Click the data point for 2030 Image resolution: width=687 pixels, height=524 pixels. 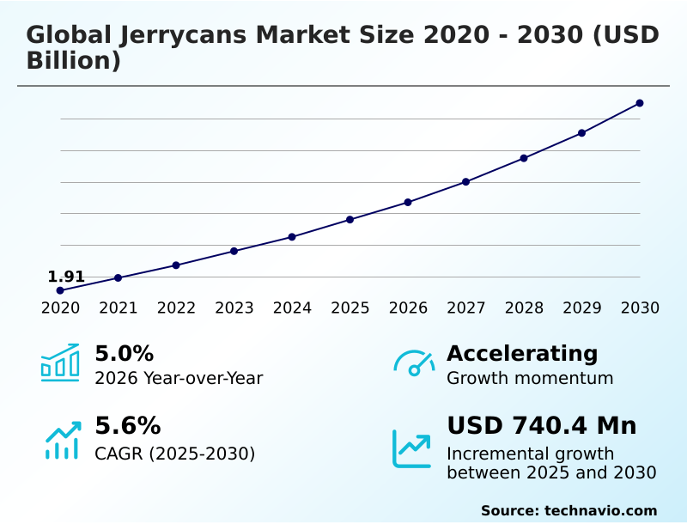(x=640, y=103)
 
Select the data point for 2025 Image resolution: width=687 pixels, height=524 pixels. (x=350, y=219)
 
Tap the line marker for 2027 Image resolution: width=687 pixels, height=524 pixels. (x=465, y=181)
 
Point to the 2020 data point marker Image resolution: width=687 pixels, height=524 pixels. (x=60, y=290)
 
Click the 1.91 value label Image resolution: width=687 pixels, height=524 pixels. (x=66, y=277)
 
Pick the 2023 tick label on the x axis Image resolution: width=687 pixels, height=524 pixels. (x=234, y=308)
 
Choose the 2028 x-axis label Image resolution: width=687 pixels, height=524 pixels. (x=524, y=308)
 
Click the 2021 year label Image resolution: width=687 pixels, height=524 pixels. (x=119, y=308)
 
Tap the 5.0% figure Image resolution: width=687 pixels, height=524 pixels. (x=124, y=353)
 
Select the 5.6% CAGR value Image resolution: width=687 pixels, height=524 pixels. (x=127, y=426)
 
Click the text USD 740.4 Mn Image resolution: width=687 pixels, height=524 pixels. (x=541, y=426)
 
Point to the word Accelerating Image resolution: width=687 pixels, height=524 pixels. (x=522, y=353)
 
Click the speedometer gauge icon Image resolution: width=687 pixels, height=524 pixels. (x=414, y=363)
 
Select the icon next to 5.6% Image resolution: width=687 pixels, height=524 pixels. (x=63, y=439)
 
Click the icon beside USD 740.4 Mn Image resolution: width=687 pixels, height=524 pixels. (x=412, y=448)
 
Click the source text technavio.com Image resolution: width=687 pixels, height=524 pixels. (x=600, y=510)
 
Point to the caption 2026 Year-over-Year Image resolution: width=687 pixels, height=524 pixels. (x=179, y=378)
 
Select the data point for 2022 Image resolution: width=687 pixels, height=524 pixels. (x=176, y=265)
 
